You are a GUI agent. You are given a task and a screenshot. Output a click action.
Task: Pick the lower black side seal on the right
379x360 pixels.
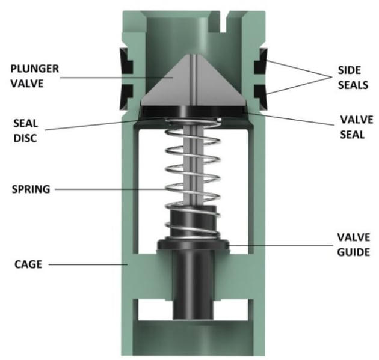click(x=262, y=92)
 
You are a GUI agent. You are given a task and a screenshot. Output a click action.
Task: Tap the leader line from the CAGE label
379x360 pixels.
click(x=87, y=263)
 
